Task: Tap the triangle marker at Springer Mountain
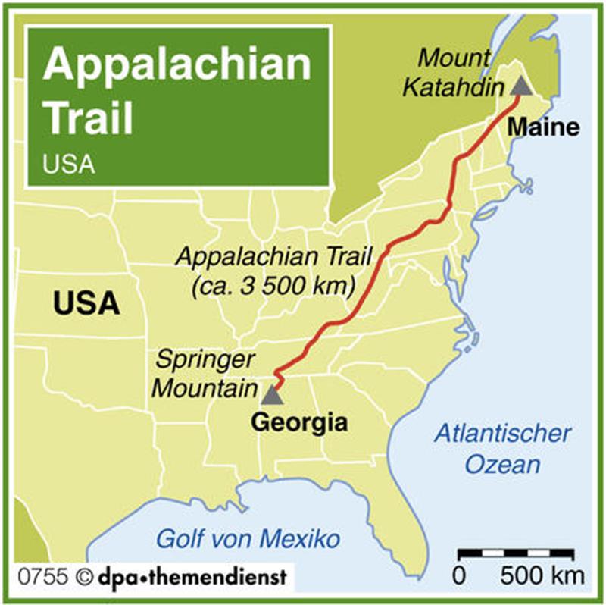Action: (x=272, y=394)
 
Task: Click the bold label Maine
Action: (x=543, y=127)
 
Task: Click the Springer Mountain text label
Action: (x=205, y=375)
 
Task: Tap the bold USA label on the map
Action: (x=86, y=303)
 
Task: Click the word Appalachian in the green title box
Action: (x=176, y=66)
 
